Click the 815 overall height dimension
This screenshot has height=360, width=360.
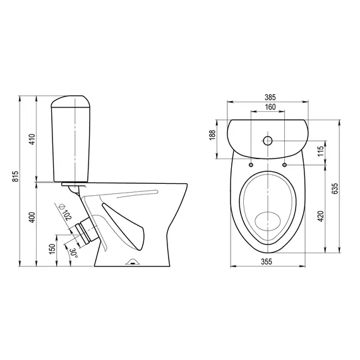[15, 176]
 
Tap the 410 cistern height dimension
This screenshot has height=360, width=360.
[32, 139]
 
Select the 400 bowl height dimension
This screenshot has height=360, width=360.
[32, 217]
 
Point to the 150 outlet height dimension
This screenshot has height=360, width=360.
[52, 249]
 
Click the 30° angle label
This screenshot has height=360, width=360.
[74, 253]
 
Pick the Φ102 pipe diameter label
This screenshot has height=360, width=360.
[65, 212]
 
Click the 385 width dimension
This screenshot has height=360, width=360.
[270, 97]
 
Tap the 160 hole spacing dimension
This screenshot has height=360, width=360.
[270, 107]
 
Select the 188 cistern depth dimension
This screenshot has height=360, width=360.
[212, 135]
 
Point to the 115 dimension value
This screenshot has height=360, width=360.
[320, 151]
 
